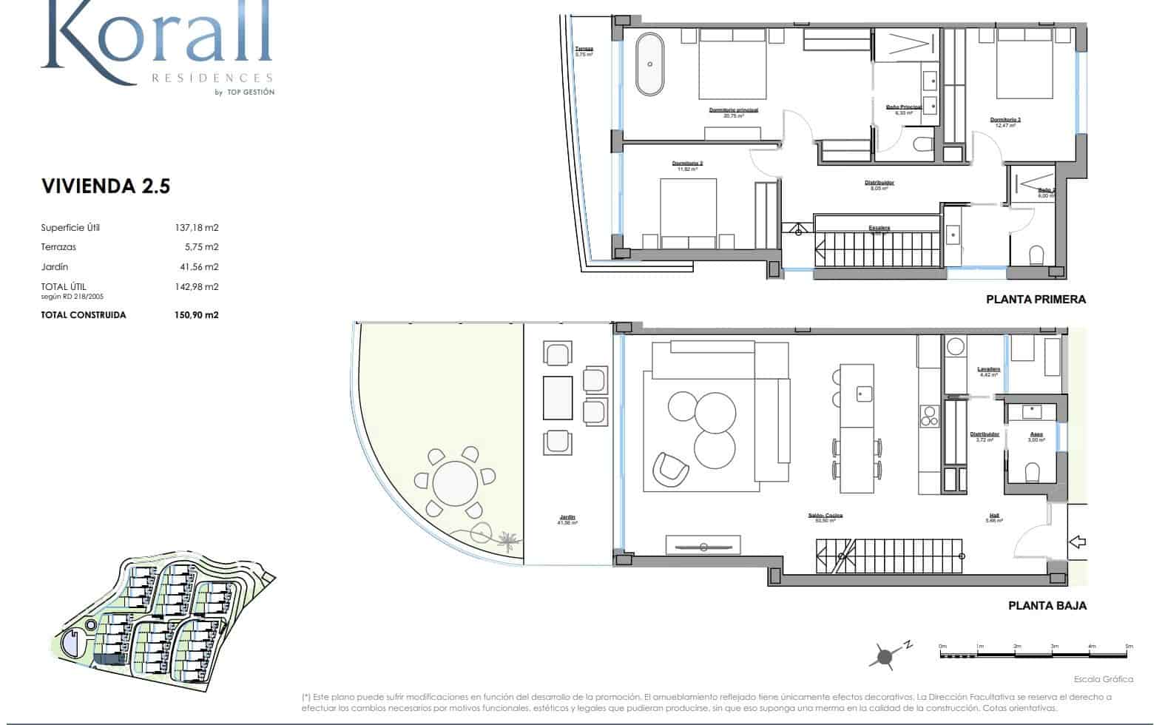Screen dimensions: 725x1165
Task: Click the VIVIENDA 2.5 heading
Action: [106, 186]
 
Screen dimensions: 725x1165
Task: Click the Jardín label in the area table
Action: [55, 267]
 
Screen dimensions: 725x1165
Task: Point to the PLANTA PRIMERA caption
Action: [1036, 300]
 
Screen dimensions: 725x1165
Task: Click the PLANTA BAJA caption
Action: [1047, 605]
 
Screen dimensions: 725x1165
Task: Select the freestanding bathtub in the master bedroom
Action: [650, 64]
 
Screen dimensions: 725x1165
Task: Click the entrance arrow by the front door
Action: [1078, 542]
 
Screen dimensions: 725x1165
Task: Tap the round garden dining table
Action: [455, 486]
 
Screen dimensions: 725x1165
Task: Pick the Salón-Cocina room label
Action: [825, 516]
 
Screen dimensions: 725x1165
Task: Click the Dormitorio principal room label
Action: [733, 110]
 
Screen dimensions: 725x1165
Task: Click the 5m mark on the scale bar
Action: [1128, 647]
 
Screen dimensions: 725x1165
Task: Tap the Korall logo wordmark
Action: [155, 37]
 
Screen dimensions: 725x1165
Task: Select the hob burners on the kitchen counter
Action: [928, 417]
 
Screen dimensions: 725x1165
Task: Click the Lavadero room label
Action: [988, 369]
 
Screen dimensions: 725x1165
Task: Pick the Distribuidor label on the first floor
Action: [879, 183]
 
